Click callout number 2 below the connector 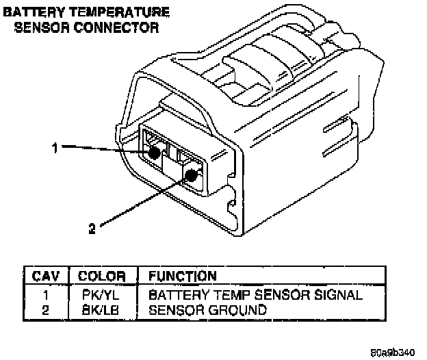pyautogui.click(x=91, y=229)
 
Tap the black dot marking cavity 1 pyautogui.click(x=155, y=152)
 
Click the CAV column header pyautogui.click(x=46, y=277)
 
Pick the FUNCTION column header pyautogui.click(x=178, y=277)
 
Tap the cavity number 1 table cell pyautogui.click(x=45, y=295)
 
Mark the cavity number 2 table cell pyautogui.click(x=45, y=309)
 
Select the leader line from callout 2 pyautogui.click(x=140, y=203)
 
